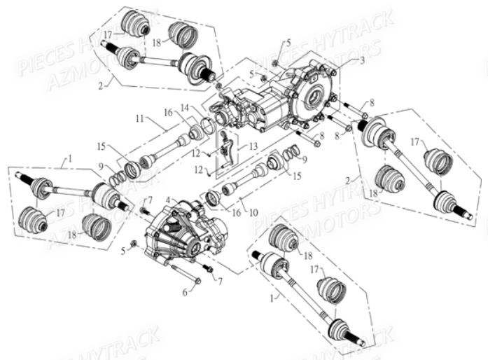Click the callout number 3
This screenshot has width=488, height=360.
click(361, 61)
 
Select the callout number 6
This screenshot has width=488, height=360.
click(186, 291)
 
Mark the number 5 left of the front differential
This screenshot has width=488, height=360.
click(123, 249)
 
